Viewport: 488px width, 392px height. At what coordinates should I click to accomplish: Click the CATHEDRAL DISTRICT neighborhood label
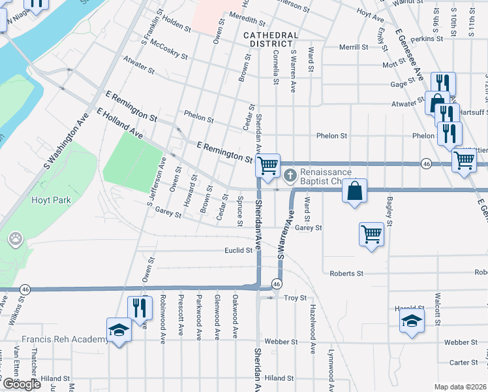coord(270,39)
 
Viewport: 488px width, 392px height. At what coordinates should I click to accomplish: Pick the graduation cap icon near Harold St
coord(412,320)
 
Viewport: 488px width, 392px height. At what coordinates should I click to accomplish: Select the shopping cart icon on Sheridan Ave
coord(267,165)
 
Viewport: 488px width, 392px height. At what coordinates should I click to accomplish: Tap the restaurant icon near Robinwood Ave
coord(140,308)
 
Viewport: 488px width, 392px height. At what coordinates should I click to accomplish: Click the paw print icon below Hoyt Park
coord(14,240)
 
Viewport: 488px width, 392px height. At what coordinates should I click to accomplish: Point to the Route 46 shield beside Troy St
coord(277,284)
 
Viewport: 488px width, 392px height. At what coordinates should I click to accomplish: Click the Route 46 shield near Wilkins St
coord(25,289)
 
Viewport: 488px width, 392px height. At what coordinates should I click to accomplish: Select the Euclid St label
coord(238,250)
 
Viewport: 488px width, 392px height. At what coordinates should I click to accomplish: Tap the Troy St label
coord(296,298)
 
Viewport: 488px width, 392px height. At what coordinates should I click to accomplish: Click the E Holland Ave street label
coord(119,123)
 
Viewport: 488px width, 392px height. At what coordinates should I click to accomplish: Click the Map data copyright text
coord(461,387)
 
